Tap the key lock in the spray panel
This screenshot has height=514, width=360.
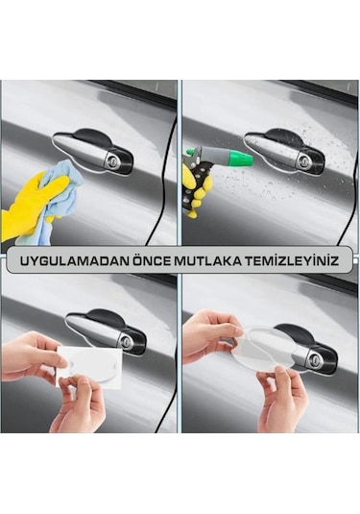point(303,159)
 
